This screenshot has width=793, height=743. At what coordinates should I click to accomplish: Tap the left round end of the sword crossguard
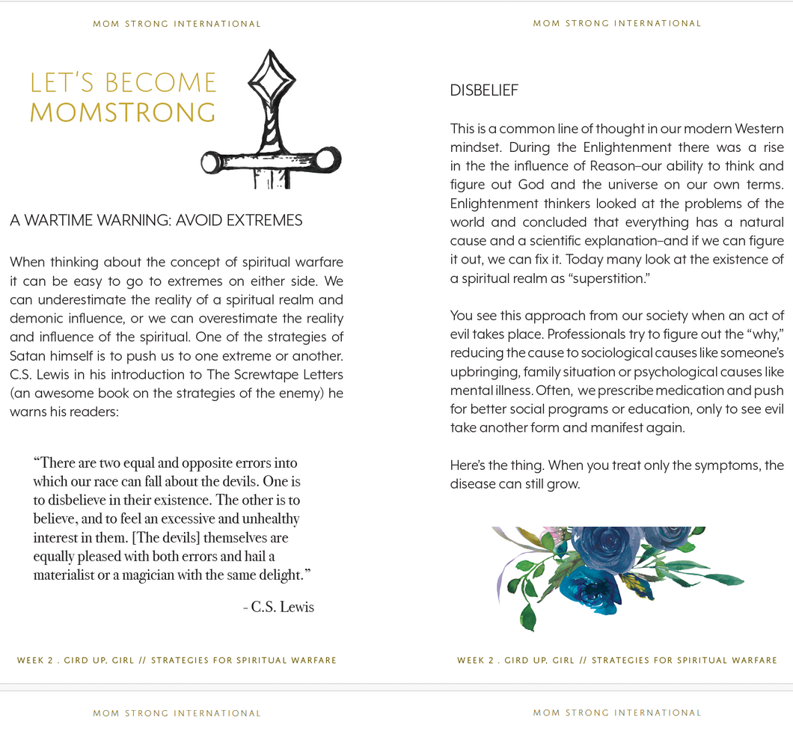tap(209, 161)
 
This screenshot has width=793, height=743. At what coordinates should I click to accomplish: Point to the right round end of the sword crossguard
tap(326, 159)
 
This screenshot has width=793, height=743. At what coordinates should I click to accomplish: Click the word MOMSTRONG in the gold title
tap(123, 113)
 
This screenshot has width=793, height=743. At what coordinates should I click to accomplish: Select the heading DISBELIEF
tap(484, 91)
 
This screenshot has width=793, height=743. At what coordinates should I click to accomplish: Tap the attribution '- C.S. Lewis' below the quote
tap(278, 607)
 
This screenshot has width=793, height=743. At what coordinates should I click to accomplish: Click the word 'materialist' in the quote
tap(66, 575)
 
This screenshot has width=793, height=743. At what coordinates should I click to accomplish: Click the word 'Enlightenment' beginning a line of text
tap(496, 204)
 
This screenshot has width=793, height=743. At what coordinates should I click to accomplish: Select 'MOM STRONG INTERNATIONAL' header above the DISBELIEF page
tap(616, 23)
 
